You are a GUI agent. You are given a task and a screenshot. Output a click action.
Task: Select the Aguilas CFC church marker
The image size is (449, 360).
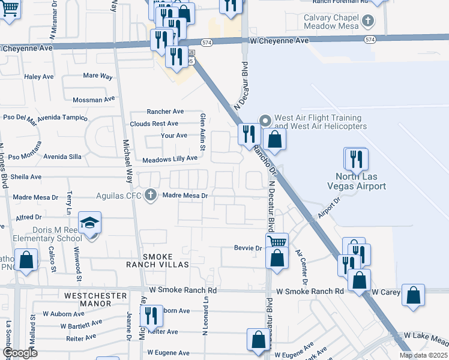click(x=151, y=195)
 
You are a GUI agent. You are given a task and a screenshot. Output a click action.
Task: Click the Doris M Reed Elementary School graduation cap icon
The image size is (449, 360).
click(x=90, y=223)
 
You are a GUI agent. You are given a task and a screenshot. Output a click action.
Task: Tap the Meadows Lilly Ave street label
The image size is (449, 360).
click(x=170, y=159)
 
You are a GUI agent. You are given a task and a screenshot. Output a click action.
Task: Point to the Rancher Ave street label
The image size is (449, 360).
click(x=166, y=112)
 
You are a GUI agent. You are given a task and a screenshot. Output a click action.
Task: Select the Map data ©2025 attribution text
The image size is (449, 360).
click(x=423, y=355)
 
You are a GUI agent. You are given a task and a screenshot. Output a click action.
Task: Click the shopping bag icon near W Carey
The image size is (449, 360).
click(x=414, y=295)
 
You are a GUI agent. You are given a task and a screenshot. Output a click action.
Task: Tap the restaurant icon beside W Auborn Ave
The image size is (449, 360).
click(x=151, y=315)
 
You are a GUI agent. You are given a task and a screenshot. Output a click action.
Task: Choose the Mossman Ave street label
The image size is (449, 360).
click(x=93, y=100)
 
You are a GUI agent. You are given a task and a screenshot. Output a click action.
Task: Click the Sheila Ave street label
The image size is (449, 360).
click(x=26, y=177)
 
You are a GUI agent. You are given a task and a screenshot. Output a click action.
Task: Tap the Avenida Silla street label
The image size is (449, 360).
click(x=62, y=157)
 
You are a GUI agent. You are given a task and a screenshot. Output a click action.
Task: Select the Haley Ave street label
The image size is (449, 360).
click(x=38, y=77)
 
